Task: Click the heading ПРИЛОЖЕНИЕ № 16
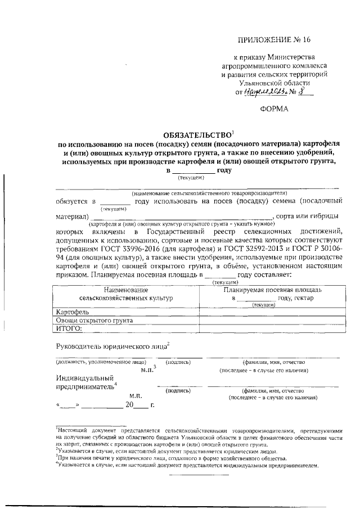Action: [274, 39]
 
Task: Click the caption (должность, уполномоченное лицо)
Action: [101, 362]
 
